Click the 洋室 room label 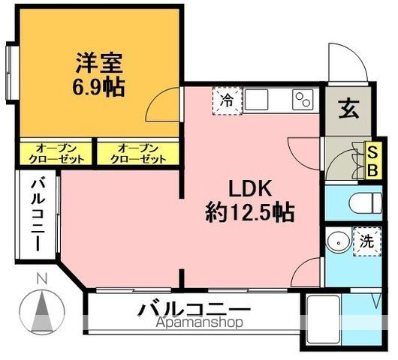pos(98,60)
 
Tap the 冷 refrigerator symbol pos(227,100)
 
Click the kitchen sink pos(257,98)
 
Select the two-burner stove pos(303,100)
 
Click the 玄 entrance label pos(347,109)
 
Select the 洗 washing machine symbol pos(366,241)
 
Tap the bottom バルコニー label pos(193,308)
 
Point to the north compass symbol pos(42,309)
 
